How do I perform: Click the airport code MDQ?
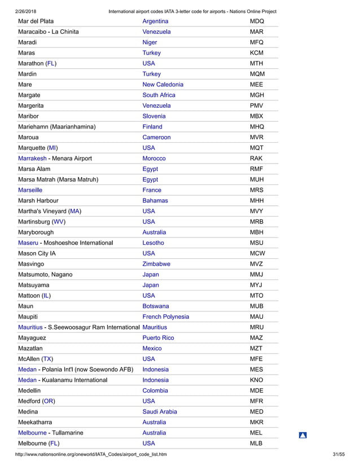point(257,21)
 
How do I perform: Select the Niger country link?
point(150,42)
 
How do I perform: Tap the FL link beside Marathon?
point(51,63)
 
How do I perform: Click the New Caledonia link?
point(163,85)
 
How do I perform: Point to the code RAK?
point(256,159)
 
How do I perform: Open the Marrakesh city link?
point(32,159)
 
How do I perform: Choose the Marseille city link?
point(30,190)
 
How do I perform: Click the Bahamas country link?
point(155,201)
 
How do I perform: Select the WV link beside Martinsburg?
point(59,222)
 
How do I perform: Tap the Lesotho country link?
point(153,243)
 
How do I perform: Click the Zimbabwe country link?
point(156,264)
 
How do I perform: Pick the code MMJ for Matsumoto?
point(257,275)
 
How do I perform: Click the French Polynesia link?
point(166,317)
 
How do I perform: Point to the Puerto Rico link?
point(158,338)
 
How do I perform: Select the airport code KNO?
point(257,380)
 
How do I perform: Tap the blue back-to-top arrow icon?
point(302,435)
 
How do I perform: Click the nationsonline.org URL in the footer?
point(91,455)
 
